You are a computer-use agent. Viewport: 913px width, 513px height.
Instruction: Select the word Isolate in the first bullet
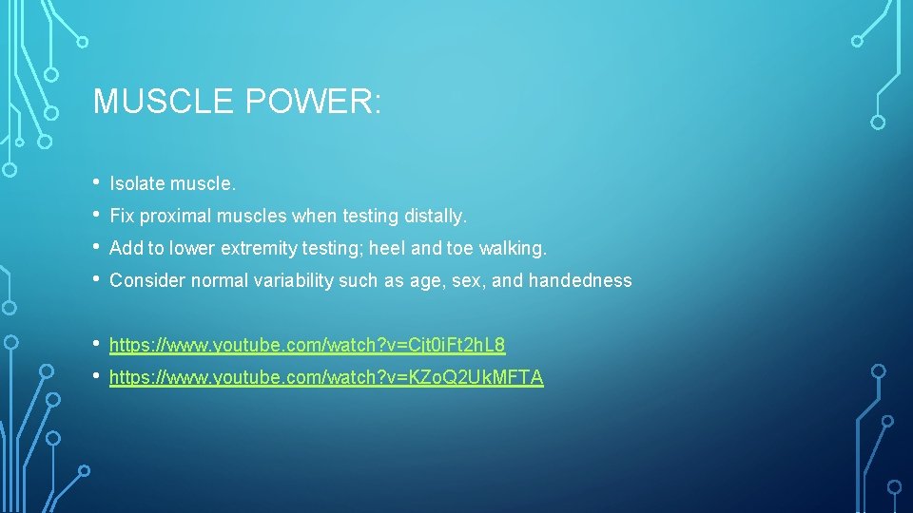coord(138,183)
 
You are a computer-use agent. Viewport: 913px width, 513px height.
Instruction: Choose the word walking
coord(513,248)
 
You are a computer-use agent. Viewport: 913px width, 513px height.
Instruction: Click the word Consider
coord(147,280)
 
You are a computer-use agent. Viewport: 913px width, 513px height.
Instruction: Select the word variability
coord(291,280)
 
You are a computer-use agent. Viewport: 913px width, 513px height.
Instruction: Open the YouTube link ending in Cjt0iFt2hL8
coord(307,345)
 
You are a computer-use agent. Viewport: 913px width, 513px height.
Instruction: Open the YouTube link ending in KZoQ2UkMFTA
coord(326,377)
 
